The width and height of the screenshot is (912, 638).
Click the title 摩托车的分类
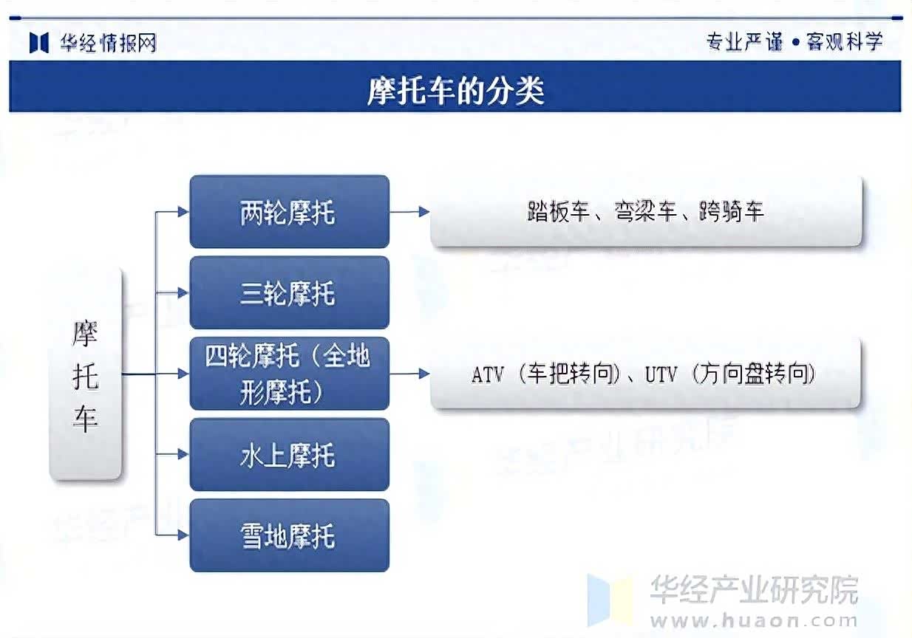[x=455, y=90]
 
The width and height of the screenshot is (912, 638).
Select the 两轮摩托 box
[x=290, y=212]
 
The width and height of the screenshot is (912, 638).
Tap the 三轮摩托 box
[x=290, y=292]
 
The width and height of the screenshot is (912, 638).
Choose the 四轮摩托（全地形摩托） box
[x=290, y=374]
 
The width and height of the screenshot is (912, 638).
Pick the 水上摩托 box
[x=290, y=454]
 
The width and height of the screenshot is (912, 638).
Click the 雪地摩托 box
[x=290, y=535]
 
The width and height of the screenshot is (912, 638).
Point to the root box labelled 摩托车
[x=86, y=374]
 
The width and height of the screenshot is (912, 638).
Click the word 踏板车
[x=559, y=211]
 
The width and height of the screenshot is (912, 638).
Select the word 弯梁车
[x=646, y=211]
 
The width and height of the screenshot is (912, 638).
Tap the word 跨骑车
[x=732, y=211]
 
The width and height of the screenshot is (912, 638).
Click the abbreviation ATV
[x=488, y=374]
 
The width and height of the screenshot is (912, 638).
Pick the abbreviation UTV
[x=661, y=374]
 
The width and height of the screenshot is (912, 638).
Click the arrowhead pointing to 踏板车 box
[x=424, y=212]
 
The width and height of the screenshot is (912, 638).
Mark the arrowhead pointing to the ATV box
[x=424, y=374]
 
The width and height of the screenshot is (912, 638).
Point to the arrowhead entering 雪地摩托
[x=183, y=535]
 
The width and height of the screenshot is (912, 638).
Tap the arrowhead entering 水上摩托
[x=183, y=454]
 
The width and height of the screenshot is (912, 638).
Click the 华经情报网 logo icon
[x=39, y=43]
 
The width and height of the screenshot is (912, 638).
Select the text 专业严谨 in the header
[x=745, y=42]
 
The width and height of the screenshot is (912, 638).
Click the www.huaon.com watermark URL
[x=754, y=621]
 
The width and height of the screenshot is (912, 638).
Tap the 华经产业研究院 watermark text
[x=754, y=589]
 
